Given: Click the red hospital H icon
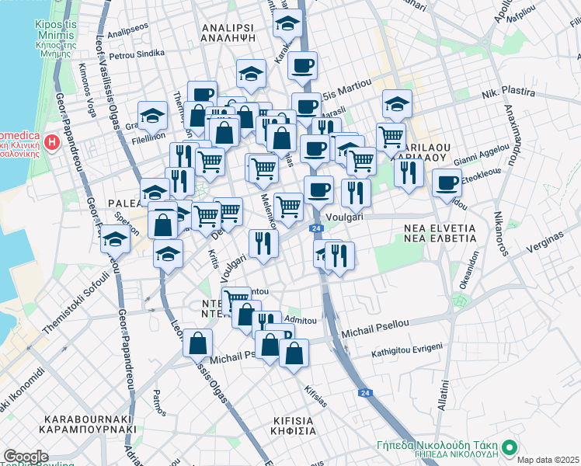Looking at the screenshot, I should tap(51, 142).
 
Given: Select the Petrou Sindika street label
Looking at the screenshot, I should tap(137, 54).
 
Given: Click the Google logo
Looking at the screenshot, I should tap(26, 457).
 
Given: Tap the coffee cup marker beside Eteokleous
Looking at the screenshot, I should tap(447, 183).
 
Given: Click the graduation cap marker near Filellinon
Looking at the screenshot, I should tap(153, 116).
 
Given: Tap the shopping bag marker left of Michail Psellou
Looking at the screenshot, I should tap(198, 342).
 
